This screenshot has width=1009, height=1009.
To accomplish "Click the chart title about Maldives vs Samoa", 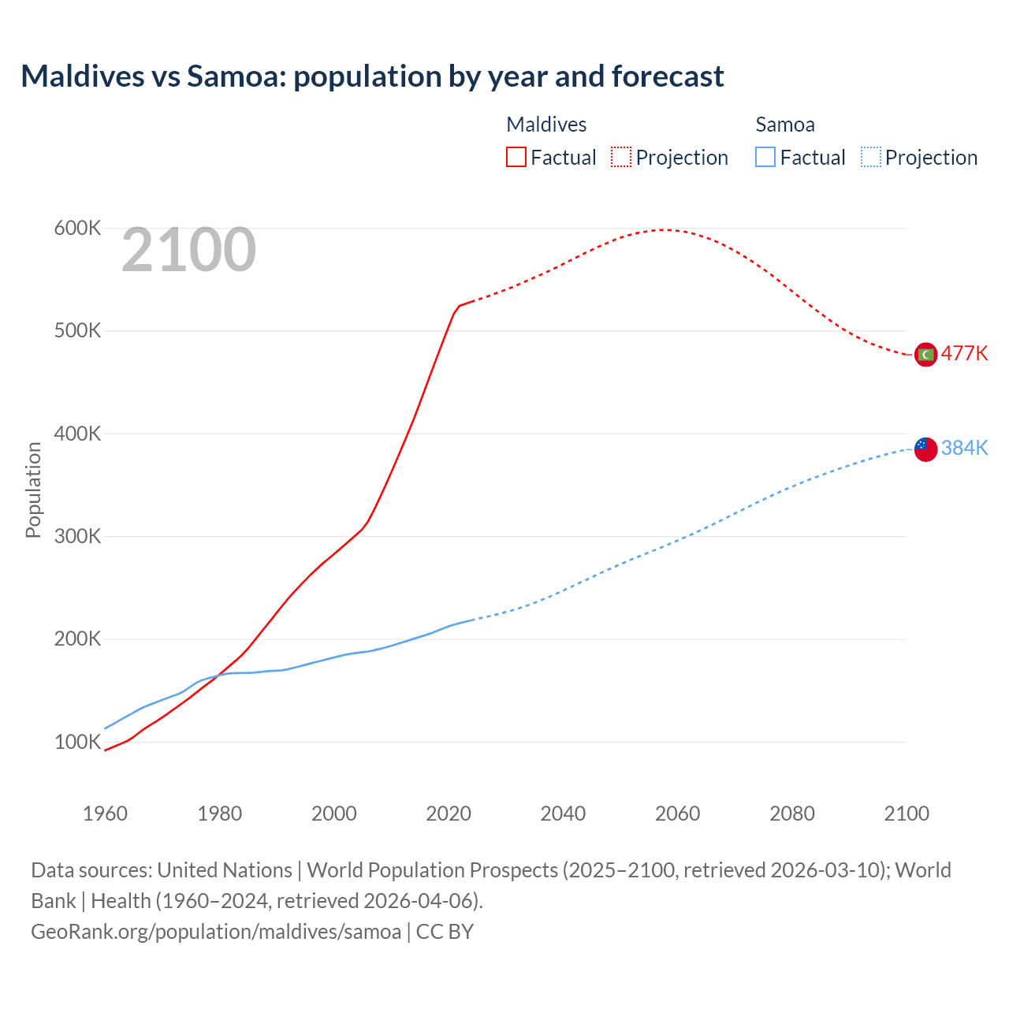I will (372, 76).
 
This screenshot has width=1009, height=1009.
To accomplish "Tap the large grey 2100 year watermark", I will (188, 250).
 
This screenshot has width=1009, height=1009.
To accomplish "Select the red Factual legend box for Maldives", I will (516, 157).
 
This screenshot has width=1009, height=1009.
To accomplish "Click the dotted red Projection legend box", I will (621, 157).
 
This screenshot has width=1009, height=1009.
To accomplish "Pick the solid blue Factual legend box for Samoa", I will (765, 157).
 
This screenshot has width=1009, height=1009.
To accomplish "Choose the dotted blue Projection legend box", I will (870, 157).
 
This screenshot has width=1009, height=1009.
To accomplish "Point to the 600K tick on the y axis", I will (77, 229).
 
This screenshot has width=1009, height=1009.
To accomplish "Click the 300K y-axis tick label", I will (77, 537).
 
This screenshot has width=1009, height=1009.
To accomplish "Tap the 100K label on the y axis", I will (77, 743).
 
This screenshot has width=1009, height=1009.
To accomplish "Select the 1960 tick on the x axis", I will (105, 814).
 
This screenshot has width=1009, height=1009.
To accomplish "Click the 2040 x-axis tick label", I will (563, 814).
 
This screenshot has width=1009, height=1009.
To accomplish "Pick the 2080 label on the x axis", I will (792, 814).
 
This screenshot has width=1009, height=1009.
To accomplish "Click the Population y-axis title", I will (33, 490).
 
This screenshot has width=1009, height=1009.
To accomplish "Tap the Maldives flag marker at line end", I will (925, 355).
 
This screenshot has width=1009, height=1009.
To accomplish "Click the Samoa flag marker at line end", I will (925, 449).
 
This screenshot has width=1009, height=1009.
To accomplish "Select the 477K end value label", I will (964, 353).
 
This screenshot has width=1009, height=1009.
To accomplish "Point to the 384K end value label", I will (964, 448).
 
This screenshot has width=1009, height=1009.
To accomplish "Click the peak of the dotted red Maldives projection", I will (663, 229).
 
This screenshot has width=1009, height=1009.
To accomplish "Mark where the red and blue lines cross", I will (217, 676).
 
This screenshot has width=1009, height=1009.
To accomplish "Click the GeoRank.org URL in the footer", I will (215, 932).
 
